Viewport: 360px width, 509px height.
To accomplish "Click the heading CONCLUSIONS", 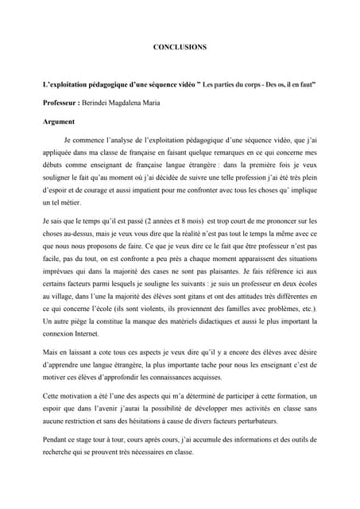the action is click(180, 48).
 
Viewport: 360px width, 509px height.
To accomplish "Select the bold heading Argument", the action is click(58, 122).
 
